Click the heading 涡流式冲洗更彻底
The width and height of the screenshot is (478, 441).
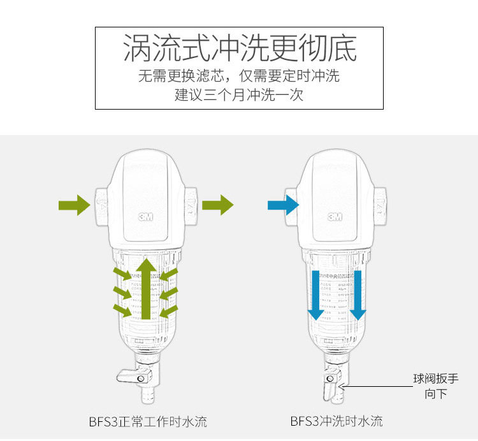tap(239, 48)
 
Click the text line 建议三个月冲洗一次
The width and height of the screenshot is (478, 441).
tap(239, 96)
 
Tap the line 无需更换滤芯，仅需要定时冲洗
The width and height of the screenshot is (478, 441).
tap(239, 76)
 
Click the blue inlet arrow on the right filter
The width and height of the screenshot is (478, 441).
tap(283, 205)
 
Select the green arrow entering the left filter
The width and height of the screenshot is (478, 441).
tap(74, 205)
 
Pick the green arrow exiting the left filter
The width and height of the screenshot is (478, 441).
tap(218, 205)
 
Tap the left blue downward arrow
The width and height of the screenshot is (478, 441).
tap(315, 294)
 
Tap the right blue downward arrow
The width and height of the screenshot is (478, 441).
tap(358, 294)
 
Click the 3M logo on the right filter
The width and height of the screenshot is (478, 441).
tap(335, 216)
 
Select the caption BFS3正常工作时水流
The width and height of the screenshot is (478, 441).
tap(147, 421)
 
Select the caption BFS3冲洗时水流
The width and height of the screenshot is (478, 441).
tap(337, 421)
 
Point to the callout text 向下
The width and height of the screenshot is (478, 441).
tap(436, 394)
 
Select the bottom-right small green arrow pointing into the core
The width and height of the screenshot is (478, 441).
tap(169, 312)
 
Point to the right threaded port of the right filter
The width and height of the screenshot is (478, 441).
tap(379, 205)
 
